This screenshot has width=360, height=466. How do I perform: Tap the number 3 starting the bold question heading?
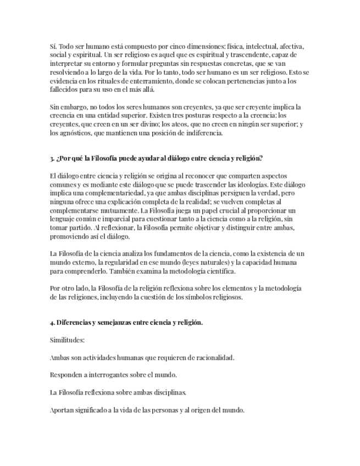(x=52, y=158)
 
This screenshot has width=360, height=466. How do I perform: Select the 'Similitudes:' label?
(x=67, y=340)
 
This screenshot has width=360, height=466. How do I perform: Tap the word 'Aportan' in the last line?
(x=62, y=409)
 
